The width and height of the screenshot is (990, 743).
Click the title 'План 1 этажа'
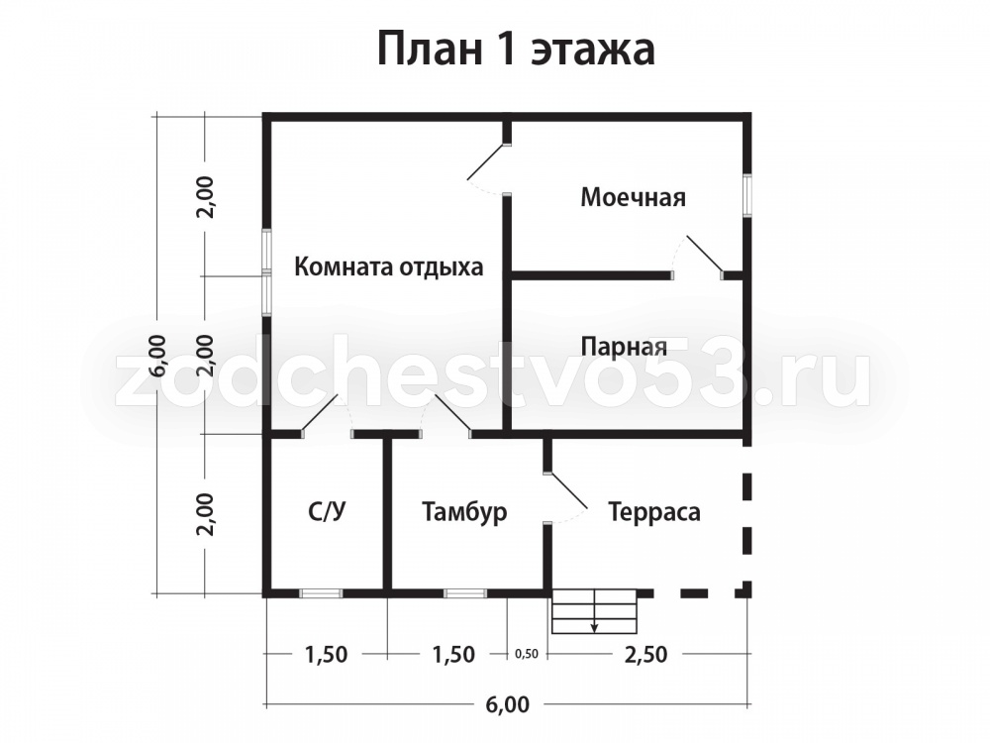pyautogui.click(x=516, y=49)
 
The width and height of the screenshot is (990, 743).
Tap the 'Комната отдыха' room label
pyautogui.click(x=389, y=266)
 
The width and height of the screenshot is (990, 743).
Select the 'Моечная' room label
pyautogui.click(x=634, y=197)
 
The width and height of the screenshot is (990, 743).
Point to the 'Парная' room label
pyautogui.click(x=624, y=347)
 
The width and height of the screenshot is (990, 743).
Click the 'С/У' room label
pyautogui.click(x=327, y=511)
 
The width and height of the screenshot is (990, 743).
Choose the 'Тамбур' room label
pyautogui.click(x=464, y=511)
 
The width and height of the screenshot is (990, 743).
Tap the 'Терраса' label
pyautogui.click(x=654, y=511)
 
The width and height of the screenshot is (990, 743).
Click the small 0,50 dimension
pyautogui.click(x=527, y=654)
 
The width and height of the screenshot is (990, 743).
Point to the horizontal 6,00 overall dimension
pyautogui.click(x=508, y=703)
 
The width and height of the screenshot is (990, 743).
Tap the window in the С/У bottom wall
pyautogui.click(x=321, y=593)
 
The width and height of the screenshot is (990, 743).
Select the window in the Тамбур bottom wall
pyautogui.click(x=465, y=593)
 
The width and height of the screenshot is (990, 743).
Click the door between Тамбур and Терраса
pyautogui.click(x=567, y=491)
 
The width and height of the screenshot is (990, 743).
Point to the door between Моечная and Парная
pyautogui.click(x=703, y=257)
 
